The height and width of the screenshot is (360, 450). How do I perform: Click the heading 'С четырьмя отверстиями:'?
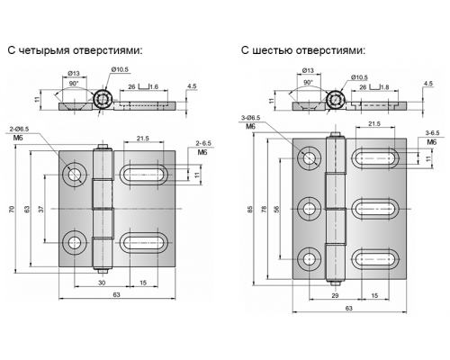click(75, 50)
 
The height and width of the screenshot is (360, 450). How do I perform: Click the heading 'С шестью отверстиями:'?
click(303, 50)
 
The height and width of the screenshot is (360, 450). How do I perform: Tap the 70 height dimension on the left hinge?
click(12, 209)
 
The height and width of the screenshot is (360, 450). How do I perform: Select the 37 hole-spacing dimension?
click(41, 209)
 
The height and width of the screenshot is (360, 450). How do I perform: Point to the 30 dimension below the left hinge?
click(102, 283)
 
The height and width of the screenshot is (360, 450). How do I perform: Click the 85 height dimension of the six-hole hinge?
click(251, 209)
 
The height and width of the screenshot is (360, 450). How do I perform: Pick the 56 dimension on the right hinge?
click(276, 209)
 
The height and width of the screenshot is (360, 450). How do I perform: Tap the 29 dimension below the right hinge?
click(335, 295)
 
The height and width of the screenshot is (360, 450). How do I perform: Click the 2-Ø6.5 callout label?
click(19, 130)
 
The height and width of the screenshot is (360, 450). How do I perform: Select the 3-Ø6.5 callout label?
click(251, 118)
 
